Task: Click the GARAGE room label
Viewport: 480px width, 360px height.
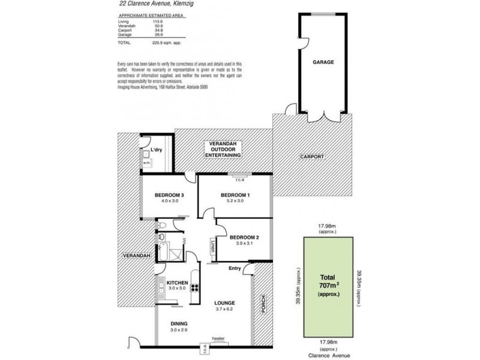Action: [323, 62]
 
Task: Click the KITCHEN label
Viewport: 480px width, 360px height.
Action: [178, 283]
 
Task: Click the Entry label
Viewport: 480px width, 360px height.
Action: [235, 268]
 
